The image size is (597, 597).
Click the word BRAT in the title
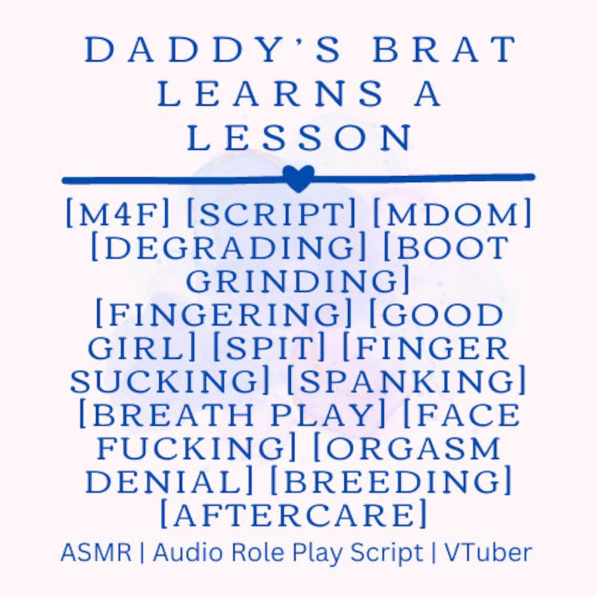[x=444, y=50]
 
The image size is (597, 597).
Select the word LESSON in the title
[x=299, y=138]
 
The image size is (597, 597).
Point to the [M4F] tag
[x=118, y=214]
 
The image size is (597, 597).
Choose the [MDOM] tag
[x=452, y=214]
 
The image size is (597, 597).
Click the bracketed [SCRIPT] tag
[x=271, y=214]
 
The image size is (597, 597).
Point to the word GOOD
[x=442, y=316]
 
